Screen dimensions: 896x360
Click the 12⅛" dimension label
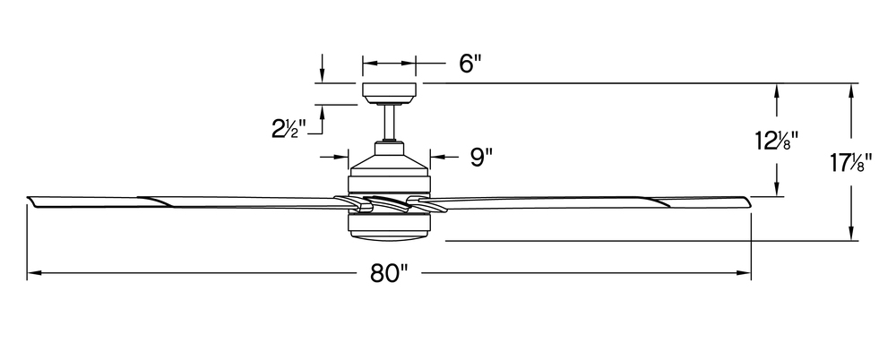point(776,140)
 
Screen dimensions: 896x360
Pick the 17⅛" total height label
point(851,164)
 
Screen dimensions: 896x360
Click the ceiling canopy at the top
point(389,94)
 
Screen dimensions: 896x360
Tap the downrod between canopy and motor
point(390,124)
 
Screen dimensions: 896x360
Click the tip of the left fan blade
point(28,199)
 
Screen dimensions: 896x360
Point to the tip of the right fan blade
point(749,201)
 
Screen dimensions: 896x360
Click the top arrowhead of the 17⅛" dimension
point(851,90)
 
